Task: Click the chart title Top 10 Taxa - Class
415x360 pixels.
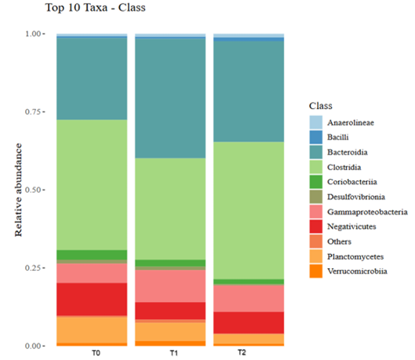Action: click(96, 7)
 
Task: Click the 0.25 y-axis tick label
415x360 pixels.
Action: click(33, 268)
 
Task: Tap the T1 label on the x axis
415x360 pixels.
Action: click(174, 353)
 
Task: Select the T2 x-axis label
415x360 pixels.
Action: click(242, 353)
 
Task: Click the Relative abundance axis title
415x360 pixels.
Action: click(18, 190)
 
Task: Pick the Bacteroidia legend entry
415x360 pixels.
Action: click(338, 152)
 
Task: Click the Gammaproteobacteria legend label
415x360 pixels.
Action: click(367, 212)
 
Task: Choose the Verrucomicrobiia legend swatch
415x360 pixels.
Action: click(316, 271)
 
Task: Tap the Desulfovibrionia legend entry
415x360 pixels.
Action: click(348, 197)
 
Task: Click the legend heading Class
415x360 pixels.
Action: click(321, 106)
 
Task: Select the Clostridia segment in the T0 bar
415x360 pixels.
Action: click(92, 184)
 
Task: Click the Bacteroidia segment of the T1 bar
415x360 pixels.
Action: click(170, 98)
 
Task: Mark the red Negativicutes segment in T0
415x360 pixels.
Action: click(92, 299)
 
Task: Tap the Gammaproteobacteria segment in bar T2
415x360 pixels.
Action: click(249, 298)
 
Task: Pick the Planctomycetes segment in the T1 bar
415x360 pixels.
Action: click(170, 332)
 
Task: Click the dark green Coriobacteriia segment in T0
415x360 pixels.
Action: click(92, 255)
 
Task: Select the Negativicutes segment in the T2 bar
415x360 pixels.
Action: click(249, 322)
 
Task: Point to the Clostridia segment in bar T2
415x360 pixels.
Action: click(249, 210)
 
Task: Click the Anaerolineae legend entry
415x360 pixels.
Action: click(342, 122)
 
